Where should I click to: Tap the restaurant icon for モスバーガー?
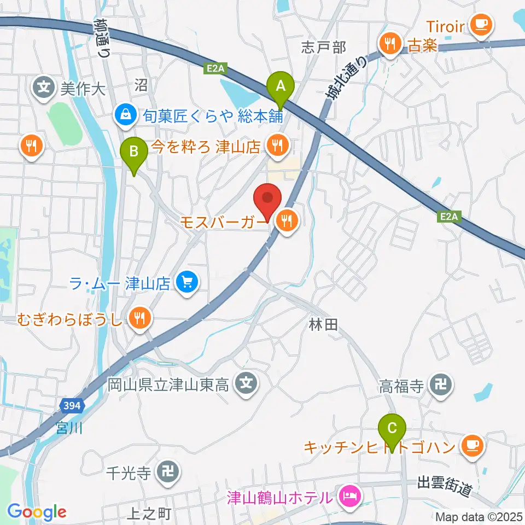click(285, 221)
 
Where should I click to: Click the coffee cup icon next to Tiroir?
click(481, 24)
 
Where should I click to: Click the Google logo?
click(37, 512)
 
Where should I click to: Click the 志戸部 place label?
click(324, 48)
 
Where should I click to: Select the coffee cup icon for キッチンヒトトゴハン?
click(471, 446)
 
